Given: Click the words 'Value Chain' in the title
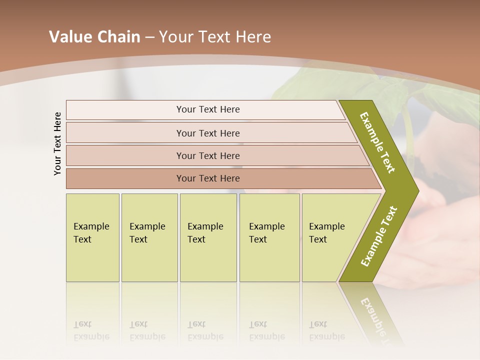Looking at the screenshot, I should point(94,37).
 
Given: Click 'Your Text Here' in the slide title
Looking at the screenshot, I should point(215,37).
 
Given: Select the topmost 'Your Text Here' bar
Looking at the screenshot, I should point(208,109).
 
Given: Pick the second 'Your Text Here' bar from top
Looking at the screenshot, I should point(208,133).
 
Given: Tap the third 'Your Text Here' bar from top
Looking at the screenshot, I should point(208,155).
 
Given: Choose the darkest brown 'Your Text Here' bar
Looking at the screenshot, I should point(208,178).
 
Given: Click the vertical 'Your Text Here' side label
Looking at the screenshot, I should point(57,143).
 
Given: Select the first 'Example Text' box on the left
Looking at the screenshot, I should point(92,237).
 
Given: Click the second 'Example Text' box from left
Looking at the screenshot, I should point(149,237).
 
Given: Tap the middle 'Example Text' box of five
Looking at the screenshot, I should point(208,237).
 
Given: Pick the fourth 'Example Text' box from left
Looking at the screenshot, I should point(269,237).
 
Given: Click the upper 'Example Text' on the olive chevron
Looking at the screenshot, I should point(377,142).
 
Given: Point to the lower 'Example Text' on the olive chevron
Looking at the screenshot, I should point(379,236).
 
